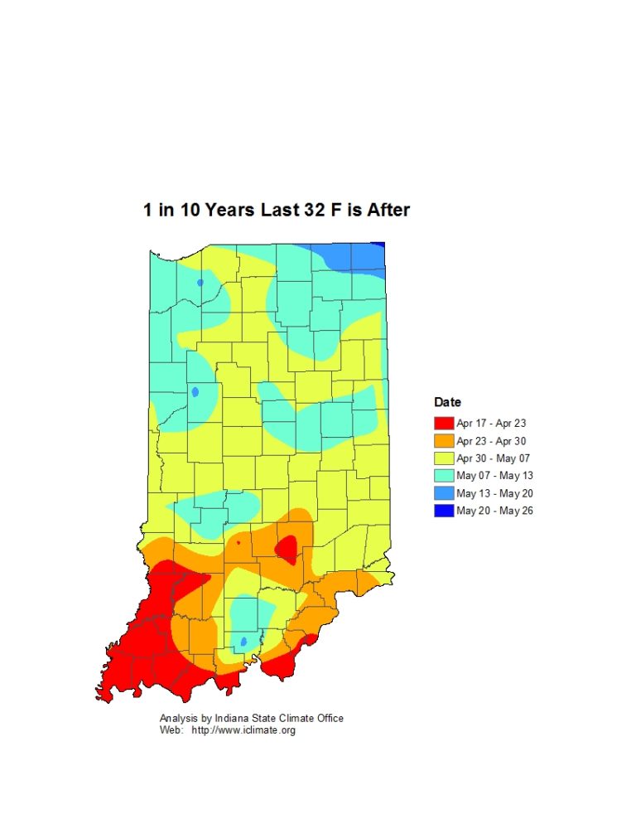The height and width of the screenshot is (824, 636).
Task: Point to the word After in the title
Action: pyautogui.click(x=385, y=210)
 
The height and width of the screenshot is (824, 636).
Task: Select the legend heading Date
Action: pyautogui.click(x=448, y=402)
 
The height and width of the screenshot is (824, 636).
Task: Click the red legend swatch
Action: pyautogui.click(x=444, y=424)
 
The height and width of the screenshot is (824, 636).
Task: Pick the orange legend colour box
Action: pyautogui.click(x=444, y=441)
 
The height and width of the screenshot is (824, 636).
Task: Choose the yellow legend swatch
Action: pyautogui.click(x=444, y=458)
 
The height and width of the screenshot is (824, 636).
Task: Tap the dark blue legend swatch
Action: pyautogui.click(x=444, y=511)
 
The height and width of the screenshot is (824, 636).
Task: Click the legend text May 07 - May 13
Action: pyautogui.click(x=494, y=476)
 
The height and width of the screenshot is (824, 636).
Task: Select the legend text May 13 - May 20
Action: pyautogui.click(x=494, y=493)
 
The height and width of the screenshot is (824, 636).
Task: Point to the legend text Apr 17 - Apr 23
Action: pyautogui.click(x=491, y=424)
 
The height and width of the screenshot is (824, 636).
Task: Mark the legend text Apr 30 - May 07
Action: pyautogui.click(x=493, y=458)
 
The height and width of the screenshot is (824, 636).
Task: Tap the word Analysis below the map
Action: pyautogui.click(x=179, y=718)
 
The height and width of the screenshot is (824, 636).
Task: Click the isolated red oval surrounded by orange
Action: pyautogui.click(x=287, y=548)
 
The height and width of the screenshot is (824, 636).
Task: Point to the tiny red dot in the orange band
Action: pyautogui.click(x=238, y=543)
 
